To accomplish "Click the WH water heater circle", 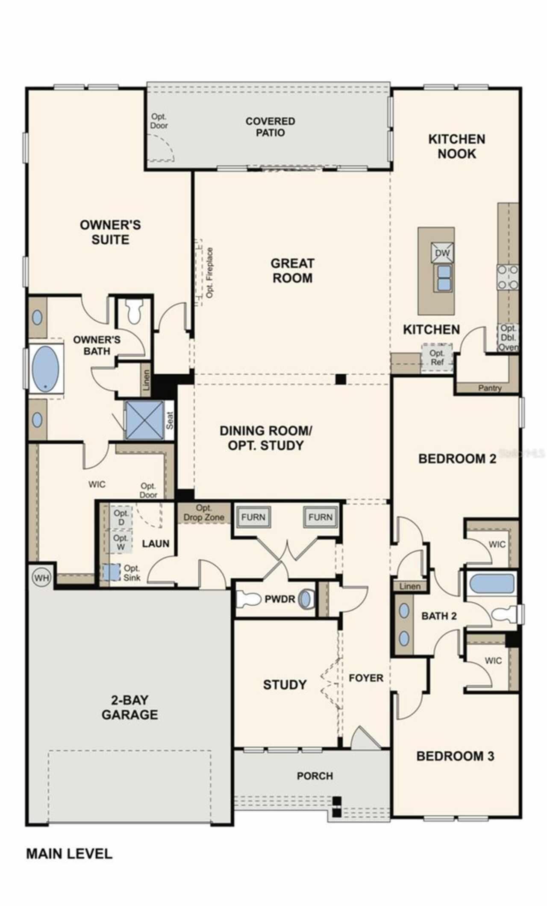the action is click(41, 578).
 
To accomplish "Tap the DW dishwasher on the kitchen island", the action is click(442, 253).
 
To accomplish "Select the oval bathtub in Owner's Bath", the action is click(45, 368).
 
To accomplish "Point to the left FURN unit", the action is click(253, 517).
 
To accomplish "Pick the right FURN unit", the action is click(321, 517).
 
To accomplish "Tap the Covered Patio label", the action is click(270, 127).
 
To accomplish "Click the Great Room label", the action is click(293, 270).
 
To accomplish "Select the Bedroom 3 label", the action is click(455, 756).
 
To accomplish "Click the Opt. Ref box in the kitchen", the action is click(437, 358).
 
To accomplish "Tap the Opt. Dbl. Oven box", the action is click(508, 338).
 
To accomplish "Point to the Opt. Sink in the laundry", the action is click(111, 572).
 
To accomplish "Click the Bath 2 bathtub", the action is click(491, 583).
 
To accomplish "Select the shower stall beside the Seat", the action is click(144, 420).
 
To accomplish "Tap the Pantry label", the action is click(490, 388).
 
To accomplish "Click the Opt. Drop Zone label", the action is click(204, 512).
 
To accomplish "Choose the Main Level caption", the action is click(69, 854).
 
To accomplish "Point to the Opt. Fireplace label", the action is click(209, 272).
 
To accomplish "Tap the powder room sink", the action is click(305, 599).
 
